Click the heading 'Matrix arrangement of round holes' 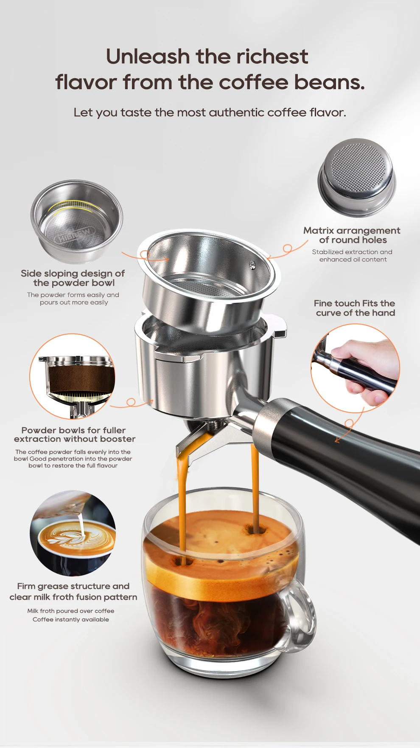point(352,235)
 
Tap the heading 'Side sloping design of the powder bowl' point(73,278)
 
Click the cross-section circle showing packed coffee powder point(73,376)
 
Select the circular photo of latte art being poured point(73,533)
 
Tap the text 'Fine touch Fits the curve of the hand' point(355,308)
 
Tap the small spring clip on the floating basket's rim point(253,265)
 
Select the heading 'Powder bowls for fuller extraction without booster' point(74,435)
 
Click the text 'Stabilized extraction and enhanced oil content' point(352,256)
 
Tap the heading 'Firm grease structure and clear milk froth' point(73,591)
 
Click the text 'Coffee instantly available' point(71,619)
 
